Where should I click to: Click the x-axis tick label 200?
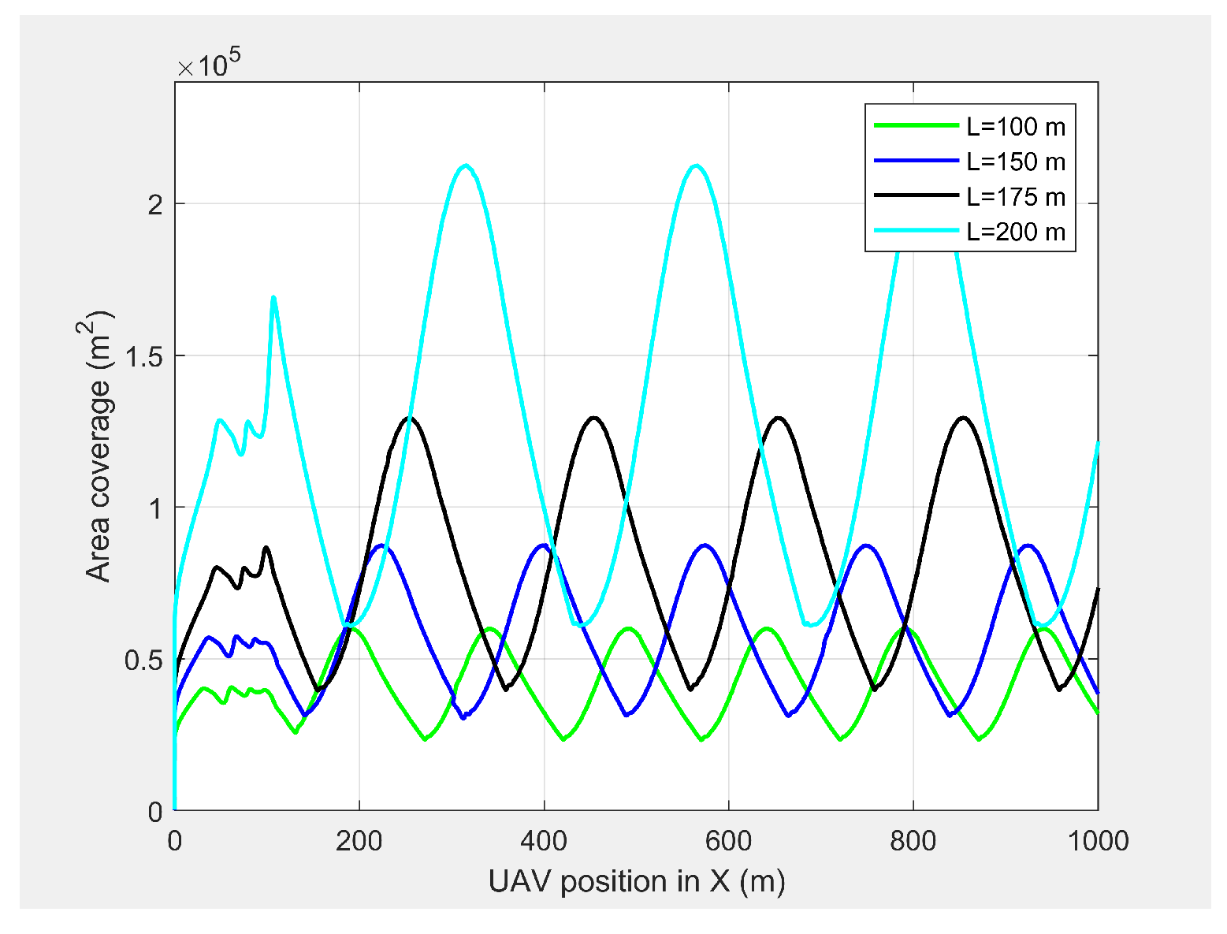point(359,841)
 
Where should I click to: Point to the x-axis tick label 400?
point(544,841)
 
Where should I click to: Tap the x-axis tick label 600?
point(728,841)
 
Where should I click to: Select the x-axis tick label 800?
point(913,841)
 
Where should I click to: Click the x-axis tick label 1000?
point(1097,841)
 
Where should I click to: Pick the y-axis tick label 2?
point(155,204)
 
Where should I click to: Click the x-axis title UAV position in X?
point(637,881)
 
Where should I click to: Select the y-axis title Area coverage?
point(101,446)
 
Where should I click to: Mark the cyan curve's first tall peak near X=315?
point(466,166)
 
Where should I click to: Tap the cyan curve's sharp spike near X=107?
point(273,297)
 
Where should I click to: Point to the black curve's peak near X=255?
point(410,418)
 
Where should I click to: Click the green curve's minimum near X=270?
point(425,739)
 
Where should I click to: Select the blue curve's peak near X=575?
point(705,545)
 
